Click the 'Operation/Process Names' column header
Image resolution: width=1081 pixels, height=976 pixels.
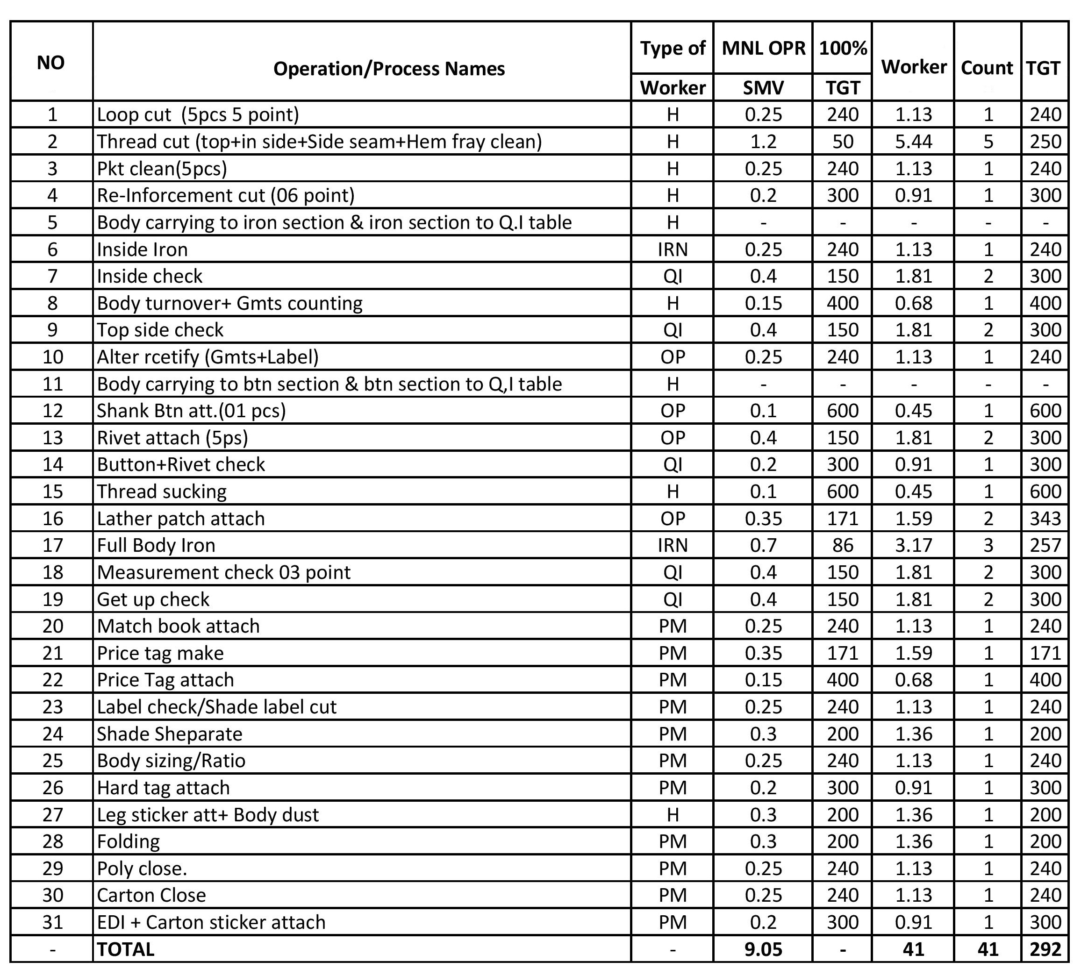(x=389, y=69)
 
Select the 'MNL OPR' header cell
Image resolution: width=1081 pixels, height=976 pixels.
(x=763, y=48)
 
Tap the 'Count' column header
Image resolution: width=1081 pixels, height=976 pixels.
(x=987, y=68)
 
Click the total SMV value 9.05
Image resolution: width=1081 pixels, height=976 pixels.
(x=763, y=949)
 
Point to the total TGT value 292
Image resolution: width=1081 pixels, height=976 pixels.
(x=1045, y=949)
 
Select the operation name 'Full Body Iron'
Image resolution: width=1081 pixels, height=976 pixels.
(x=156, y=545)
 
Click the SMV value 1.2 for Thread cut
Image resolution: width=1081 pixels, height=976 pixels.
(x=763, y=142)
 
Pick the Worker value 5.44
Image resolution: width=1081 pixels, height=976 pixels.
(x=914, y=142)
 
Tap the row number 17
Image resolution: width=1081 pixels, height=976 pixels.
(x=52, y=545)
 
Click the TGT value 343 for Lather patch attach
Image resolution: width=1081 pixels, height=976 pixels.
(x=1045, y=518)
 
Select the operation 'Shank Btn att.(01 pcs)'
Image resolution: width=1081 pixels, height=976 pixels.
(x=192, y=411)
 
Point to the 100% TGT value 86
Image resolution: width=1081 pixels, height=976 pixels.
(x=842, y=545)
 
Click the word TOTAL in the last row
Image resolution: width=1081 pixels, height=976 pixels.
(x=125, y=949)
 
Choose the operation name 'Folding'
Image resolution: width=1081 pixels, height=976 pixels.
(x=128, y=841)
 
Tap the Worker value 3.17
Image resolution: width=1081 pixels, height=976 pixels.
(x=914, y=545)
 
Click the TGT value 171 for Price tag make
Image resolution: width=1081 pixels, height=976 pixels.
(x=1045, y=653)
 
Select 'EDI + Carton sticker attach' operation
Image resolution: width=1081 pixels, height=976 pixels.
(x=211, y=922)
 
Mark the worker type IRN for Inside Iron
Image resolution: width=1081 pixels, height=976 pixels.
(x=673, y=249)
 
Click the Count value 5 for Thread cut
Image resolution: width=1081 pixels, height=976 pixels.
(x=988, y=142)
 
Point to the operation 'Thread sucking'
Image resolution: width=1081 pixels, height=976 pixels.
(x=161, y=492)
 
